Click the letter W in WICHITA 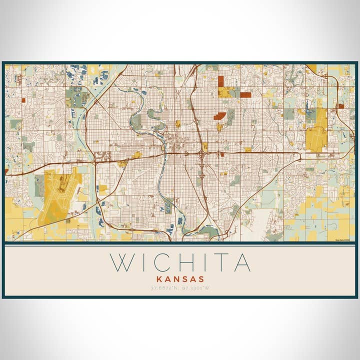pyautogui.click(x=122, y=263)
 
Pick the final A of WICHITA pyautogui.click(x=242, y=263)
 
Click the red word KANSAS pyautogui.click(x=180, y=279)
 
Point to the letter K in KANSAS pyautogui.click(x=159, y=279)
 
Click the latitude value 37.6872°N pyautogui.click(x=164, y=288)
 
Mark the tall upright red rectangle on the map pyautogui.click(x=220, y=81)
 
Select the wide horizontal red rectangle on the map pyautogui.click(x=245, y=94)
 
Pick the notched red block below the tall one pyautogui.click(x=219, y=116)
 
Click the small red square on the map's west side pyautogui.click(x=23, y=100)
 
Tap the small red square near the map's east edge pyautogui.click(x=340, y=106)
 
